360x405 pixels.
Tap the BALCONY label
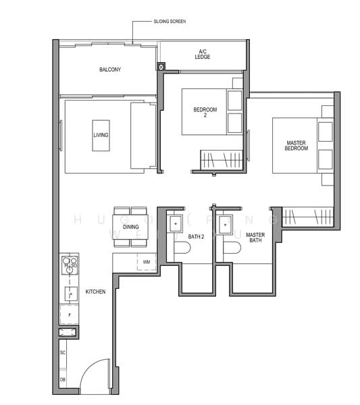[109, 70]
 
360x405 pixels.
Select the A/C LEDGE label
[203, 54]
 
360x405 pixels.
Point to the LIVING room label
[101, 135]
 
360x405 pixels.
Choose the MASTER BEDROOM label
[297, 145]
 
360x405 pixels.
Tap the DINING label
[131, 227]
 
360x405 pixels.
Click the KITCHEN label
[95, 292]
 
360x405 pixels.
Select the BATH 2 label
[196, 236]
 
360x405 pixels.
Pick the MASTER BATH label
[255, 237]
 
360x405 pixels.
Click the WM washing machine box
[146, 262]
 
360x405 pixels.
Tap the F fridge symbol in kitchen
[69, 315]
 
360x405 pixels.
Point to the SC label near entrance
[62, 353]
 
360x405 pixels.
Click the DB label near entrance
[62, 380]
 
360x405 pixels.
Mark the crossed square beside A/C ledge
[161, 67]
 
